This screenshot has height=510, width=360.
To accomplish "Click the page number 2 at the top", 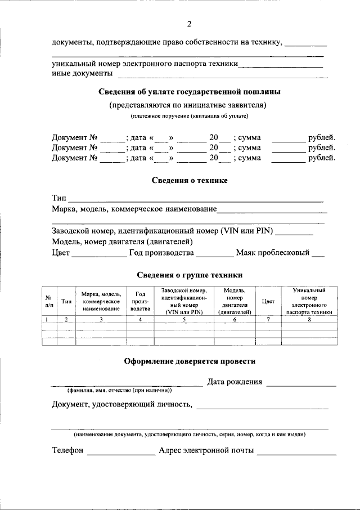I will click(190, 24).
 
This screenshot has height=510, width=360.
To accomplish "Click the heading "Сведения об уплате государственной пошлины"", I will click(190, 91).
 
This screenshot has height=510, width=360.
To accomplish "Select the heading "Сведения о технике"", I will click(190, 180).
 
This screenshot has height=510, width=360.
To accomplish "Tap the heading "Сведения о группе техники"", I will click(190, 275).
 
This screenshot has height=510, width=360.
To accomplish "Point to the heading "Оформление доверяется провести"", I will click(190, 361).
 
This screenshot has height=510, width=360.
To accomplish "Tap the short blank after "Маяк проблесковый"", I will click(318, 254).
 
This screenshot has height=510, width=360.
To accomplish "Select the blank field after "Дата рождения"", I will click(301, 383).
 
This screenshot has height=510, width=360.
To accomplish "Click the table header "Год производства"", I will click(140, 302).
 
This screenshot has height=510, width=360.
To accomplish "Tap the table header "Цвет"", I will click(268, 302).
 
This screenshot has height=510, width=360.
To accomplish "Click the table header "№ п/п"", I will click(49, 302).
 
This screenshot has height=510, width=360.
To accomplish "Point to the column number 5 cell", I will click(184, 319).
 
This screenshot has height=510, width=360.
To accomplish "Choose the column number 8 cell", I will click(309, 319).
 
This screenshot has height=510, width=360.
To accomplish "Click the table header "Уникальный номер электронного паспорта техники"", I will click(309, 301).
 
